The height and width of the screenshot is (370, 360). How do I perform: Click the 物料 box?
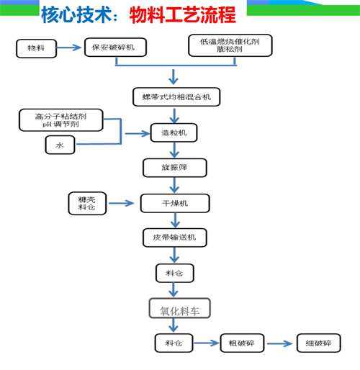point(36,48)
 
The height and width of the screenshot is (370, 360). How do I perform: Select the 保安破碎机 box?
point(115,48)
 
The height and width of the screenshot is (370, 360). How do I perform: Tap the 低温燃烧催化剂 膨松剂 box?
point(230,45)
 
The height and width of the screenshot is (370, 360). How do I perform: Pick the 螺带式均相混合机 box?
point(176,97)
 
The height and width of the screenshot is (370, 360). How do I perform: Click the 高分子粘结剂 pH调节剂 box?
point(61,120)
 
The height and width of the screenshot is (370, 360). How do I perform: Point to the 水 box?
point(60,145)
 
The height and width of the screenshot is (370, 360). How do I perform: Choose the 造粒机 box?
point(174,132)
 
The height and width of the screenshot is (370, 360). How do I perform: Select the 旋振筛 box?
point(175,168)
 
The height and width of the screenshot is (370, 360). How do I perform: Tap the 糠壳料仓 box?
point(87,203)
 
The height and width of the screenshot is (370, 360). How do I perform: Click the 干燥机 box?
point(175,204)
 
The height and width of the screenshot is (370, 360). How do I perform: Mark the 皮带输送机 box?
point(175,238)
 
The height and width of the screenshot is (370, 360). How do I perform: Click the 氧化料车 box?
point(180,308)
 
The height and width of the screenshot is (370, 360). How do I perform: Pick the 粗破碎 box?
point(242,343)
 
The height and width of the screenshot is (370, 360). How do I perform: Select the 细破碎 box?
point(319,343)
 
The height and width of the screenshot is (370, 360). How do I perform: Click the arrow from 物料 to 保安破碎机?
point(69,48)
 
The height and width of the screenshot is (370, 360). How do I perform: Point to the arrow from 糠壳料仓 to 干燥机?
point(121,204)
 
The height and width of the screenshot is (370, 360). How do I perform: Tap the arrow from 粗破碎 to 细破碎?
point(279,343)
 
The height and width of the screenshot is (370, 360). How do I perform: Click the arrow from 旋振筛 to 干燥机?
point(174,185)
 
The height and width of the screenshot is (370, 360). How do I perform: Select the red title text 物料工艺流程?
point(183,15)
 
